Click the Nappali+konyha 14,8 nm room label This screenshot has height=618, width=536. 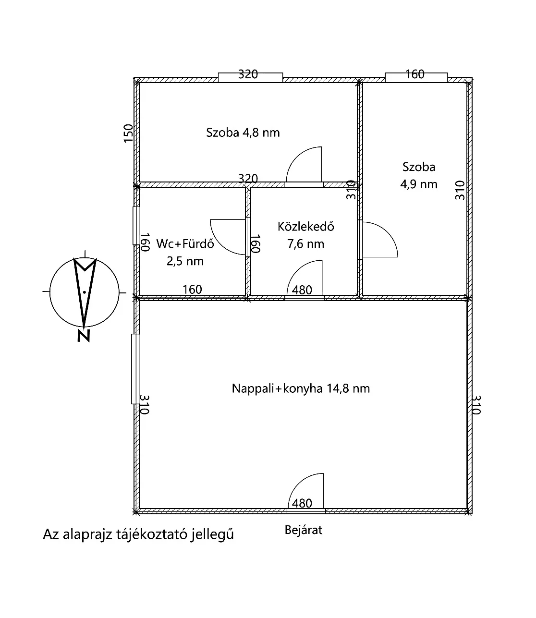click(301, 388)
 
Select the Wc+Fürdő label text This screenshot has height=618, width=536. click(185, 243)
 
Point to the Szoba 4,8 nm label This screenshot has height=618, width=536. click(243, 133)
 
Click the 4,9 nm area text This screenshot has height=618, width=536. click(419, 184)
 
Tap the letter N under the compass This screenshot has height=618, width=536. click(84, 336)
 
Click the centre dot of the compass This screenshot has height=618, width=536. click(85, 292)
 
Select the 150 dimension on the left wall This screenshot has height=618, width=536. click(128, 133)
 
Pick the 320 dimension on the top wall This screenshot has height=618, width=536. click(248, 74)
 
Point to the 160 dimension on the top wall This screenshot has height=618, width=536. click(414, 74)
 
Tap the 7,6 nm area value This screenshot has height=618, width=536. click(305, 244)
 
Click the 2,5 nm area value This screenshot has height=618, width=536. click(185, 261)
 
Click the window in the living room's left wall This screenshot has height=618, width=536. click(135, 369)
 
